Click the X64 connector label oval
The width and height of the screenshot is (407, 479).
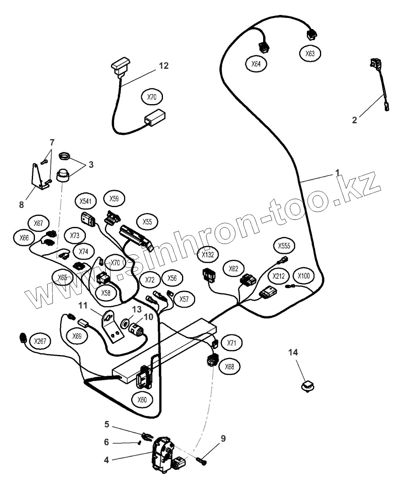pos(256,64)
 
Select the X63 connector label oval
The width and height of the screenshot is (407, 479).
pos(310,54)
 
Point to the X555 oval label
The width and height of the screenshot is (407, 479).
pos(284,246)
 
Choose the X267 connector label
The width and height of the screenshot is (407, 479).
pos(40,341)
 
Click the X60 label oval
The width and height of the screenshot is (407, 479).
pos(142,400)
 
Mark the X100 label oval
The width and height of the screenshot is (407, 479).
pos(303,276)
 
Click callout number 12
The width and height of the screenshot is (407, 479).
pos(164,66)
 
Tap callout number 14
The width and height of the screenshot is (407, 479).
pos(293,352)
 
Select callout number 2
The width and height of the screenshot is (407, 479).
pos(355,119)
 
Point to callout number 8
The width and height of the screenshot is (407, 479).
pos(21,205)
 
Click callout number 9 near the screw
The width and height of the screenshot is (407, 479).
pos(223,438)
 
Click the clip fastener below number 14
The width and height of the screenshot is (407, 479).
pos(307,386)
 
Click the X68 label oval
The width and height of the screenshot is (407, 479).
pos(229,366)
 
